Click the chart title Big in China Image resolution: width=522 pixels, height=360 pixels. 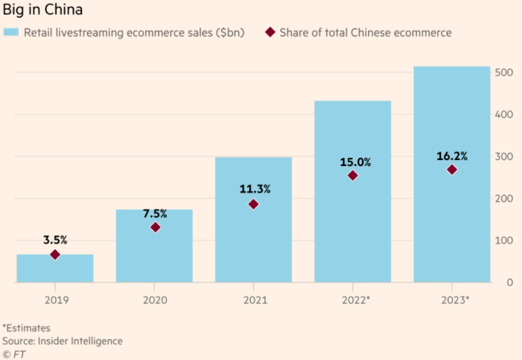pyautogui.click(x=42, y=10)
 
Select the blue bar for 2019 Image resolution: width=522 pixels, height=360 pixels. pyautogui.click(x=55, y=269)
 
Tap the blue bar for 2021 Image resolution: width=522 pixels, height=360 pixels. pyautogui.click(x=254, y=236)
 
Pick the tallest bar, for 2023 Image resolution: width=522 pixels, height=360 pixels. pyautogui.click(x=452, y=224)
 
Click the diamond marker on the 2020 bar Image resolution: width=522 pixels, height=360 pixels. pyautogui.click(x=155, y=227)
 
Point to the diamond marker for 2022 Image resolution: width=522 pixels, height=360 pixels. pyautogui.click(x=353, y=175)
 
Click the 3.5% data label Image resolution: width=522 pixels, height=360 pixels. pyautogui.click(x=55, y=240)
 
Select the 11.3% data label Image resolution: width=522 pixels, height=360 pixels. pyautogui.click(x=254, y=189)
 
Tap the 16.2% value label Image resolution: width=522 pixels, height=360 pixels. pyautogui.click(x=452, y=156)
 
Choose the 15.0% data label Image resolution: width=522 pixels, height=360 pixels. pyautogui.click(x=353, y=162)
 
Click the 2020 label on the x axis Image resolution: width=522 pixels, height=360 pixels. pyautogui.click(x=155, y=300)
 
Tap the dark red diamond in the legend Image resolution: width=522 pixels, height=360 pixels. pyautogui.click(x=270, y=32)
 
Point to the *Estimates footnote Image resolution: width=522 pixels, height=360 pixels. pyautogui.click(x=27, y=328)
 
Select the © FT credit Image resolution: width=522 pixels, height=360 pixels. pyautogui.click(x=15, y=354)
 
